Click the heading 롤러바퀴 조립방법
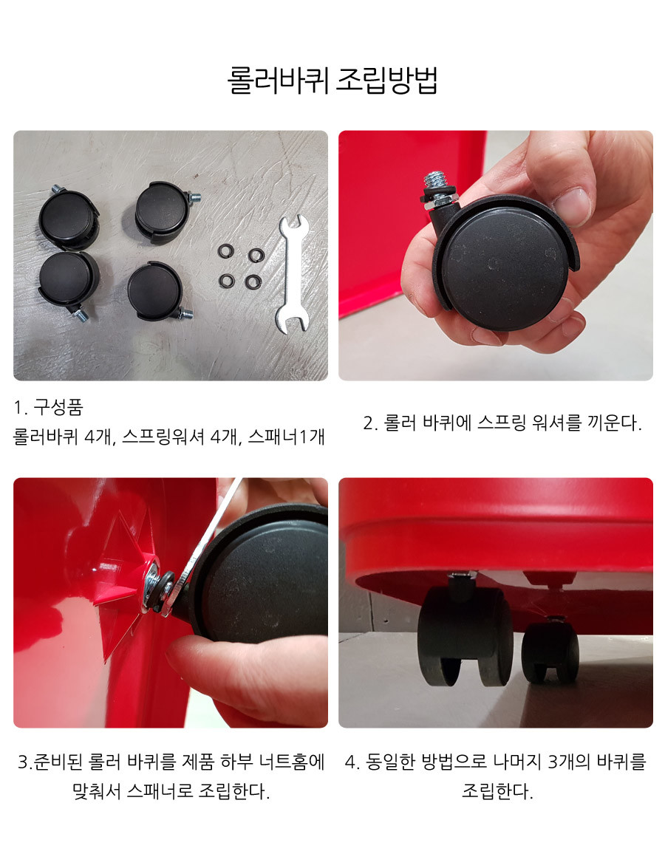(332, 80)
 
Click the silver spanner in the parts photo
(291, 273)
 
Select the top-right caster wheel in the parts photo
(165, 211)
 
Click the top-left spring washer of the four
(226, 251)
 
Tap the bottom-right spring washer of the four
(253, 281)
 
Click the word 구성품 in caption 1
(58, 407)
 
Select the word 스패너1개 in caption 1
(287, 437)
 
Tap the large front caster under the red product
(465, 632)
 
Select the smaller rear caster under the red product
(550, 650)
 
